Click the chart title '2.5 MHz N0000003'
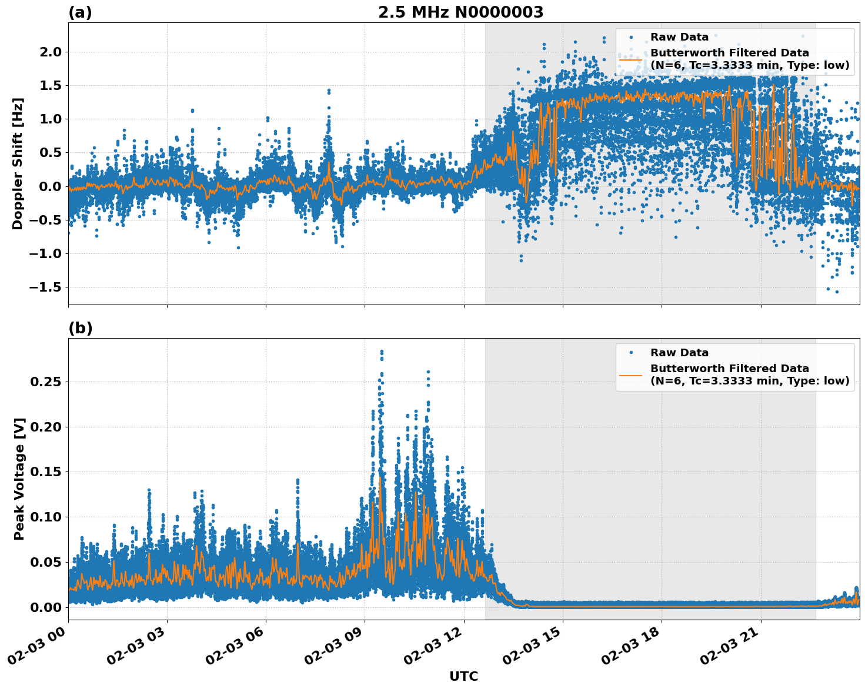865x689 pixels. click(x=460, y=12)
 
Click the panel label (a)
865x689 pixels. click(x=80, y=12)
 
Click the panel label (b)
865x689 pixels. click(x=80, y=328)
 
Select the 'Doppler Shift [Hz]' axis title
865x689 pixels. click(x=18, y=163)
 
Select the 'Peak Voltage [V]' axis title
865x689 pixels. click(x=19, y=479)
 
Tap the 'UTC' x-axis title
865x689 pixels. click(x=463, y=676)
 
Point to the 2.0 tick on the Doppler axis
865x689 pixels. click(x=49, y=52)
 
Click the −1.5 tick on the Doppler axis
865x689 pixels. click(x=46, y=287)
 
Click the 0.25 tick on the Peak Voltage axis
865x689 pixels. click(x=46, y=382)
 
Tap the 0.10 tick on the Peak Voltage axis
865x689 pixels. click(x=46, y=517)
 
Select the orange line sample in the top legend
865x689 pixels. click(x=630, y=59)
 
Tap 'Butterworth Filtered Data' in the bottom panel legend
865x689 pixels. click(x=729, y=369)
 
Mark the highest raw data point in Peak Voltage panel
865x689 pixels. click(x=382, y=351)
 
